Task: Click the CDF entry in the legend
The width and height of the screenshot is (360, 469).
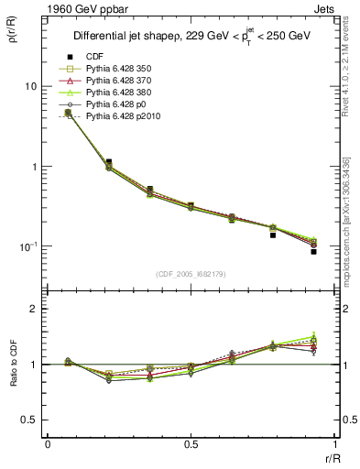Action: point(93,57)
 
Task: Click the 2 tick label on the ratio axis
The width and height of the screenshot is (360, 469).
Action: point(33,309)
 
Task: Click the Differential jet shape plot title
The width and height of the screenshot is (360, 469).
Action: point(190,38)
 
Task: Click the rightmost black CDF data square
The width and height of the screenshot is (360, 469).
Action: point(313,250)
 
